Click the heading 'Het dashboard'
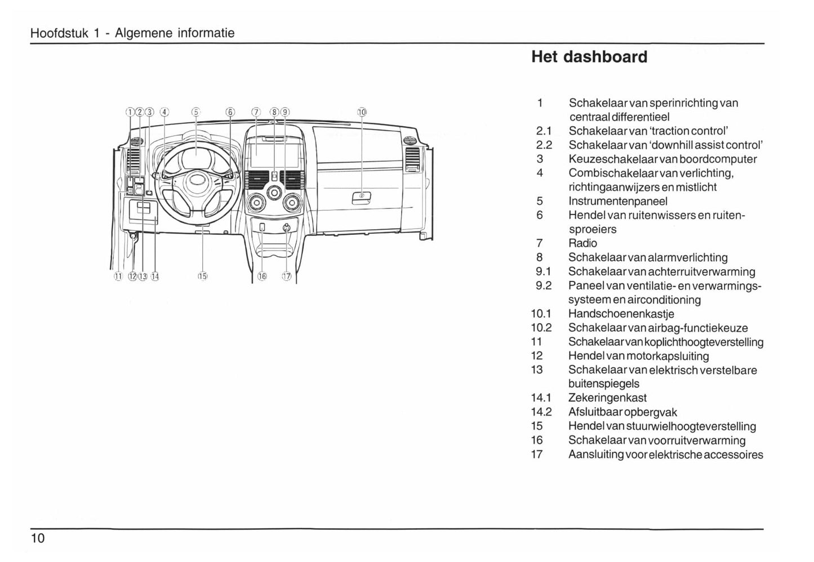tap(589, 57)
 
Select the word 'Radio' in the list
tap(582, 243)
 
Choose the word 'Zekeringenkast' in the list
tap(607, 398)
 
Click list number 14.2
tap(541, 412)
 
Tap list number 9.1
tap(543, 271)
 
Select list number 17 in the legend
tap(537, 454)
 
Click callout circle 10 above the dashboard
tap(362, 111)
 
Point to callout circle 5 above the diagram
tap(195, 111)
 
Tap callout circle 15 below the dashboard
tap(203, 276)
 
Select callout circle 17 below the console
tap(286, 276)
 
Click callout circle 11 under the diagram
tap(118, 276)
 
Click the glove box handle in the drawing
tap(361, 197)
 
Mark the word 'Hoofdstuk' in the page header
tap(59, 33)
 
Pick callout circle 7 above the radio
tap(256, 111)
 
